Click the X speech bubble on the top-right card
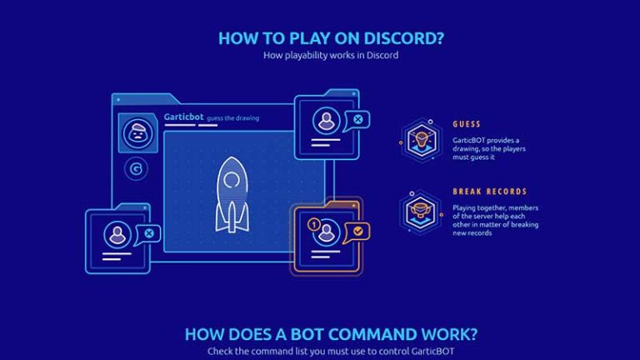click(357, 120)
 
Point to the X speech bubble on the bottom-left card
click(149, 233)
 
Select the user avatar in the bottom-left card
click(117, 233)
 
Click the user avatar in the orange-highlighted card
click(327, 231)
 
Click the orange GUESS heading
click(466, 124)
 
